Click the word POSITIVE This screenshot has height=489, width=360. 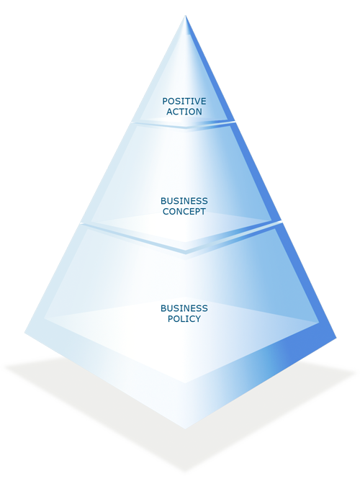184,102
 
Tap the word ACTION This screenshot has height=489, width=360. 184,112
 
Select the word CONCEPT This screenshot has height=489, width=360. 184,212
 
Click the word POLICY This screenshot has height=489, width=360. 184,319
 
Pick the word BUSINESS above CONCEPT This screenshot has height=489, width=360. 184,201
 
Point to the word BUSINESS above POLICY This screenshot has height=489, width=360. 184,308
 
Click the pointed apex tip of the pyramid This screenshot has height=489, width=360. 186,16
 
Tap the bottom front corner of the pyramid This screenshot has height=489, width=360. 186,428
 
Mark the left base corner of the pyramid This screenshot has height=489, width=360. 25,333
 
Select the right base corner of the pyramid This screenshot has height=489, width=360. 336,338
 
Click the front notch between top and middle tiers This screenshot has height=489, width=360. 186,127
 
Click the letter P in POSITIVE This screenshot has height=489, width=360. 165,102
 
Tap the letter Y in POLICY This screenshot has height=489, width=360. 197,319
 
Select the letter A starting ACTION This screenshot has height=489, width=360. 169,112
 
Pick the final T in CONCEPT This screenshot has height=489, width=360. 202,212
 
